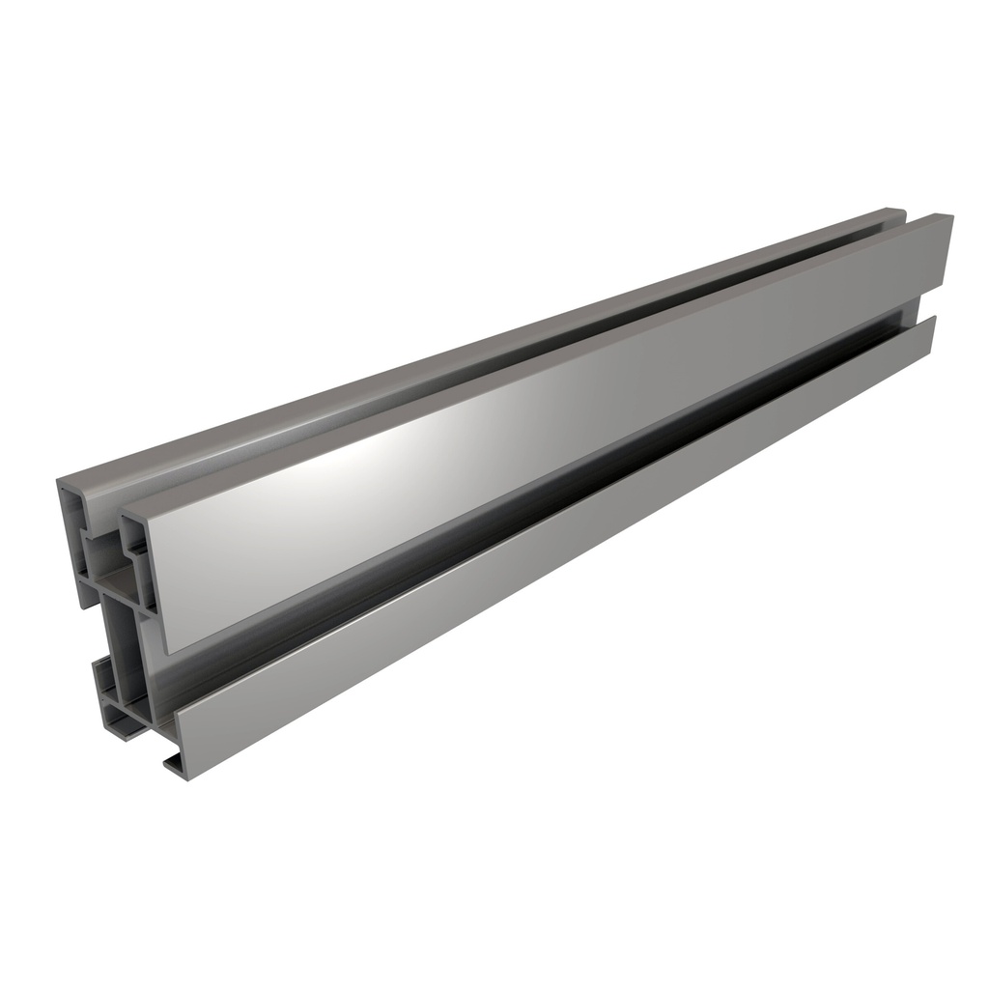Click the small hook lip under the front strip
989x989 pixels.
pyautogui.click(x=175, y=765)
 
